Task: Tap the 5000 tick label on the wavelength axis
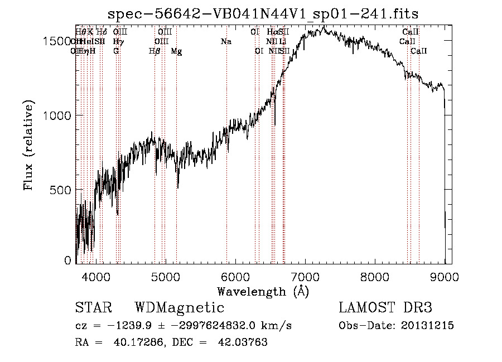[x=165, y=276]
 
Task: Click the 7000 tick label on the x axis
[x=305, y=276]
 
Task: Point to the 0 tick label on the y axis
[x=68, y=260]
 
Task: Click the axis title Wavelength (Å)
[x=263, y=291]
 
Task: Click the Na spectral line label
[x=226, y=41]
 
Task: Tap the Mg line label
[x=176, y=51]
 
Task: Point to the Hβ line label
[x=155, y=51]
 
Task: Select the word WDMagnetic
[x=180, y=308]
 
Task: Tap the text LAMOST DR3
[x=385, y=308]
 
